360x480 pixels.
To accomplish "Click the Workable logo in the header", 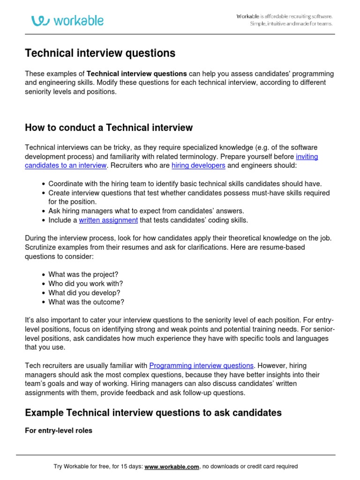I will pos(67,21).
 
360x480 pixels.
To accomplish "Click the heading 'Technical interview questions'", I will pos(100,53).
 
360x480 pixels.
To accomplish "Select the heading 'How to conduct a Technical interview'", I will pos(108,127).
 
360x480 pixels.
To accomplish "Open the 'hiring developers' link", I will pos(198,165).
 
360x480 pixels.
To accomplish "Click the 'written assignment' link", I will pos(108,220).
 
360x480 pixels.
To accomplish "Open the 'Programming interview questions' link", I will pos(201,365).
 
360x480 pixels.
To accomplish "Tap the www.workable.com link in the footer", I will pos(172,466).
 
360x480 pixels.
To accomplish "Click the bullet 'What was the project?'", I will pos(83,274).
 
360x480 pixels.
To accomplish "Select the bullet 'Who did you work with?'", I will pos(85,284).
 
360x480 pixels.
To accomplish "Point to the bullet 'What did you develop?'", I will pos(84,293).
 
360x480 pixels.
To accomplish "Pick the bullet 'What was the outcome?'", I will pos(86,302).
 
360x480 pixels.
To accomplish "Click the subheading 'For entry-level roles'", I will pos(59,430).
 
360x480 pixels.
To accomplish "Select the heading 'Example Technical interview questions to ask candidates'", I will pos(153,412).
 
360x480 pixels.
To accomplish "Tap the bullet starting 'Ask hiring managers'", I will pos(146,211).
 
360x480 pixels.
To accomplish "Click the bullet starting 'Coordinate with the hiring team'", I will pos(185,184).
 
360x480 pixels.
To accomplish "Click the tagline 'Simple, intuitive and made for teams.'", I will pos(291,24).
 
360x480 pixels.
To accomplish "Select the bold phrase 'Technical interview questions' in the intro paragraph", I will pos(137,74).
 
